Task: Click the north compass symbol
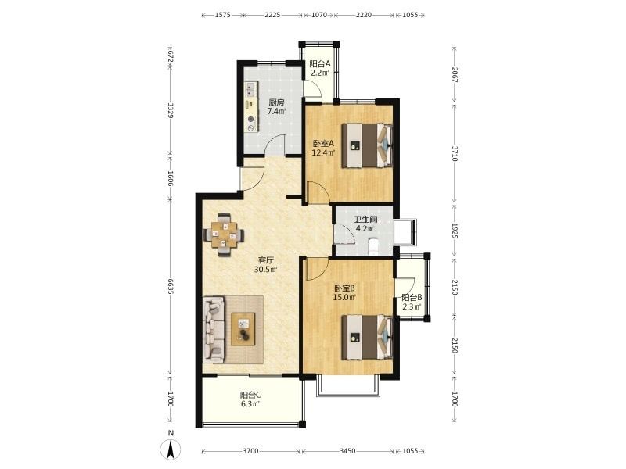[x=171, y=446]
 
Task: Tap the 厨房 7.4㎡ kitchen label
[x=277, y=107]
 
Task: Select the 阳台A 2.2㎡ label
[x=320, y=68]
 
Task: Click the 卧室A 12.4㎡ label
[x=323, y=148]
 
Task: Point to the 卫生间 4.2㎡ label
[x=365, y=224]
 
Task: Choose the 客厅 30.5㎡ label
[x=266, y=265]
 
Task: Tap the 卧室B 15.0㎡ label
[x=344, y=292]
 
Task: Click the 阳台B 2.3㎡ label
[x=412, y=302]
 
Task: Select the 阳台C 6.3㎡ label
[x=250, y=399]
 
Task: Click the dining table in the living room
[x=224, y=234]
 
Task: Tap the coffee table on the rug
[x=243, y=329]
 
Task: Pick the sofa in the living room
[x=214, y=329]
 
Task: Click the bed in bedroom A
[x=367, y=145]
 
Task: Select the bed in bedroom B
[x=367, y=337]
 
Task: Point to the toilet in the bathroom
[x=373, y=246]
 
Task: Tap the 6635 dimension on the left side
[x=171, y=287]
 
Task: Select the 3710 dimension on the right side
[x=455, y=153]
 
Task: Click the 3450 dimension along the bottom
[x=347, y=451]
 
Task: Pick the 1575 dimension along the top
[x=223, y=15]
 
